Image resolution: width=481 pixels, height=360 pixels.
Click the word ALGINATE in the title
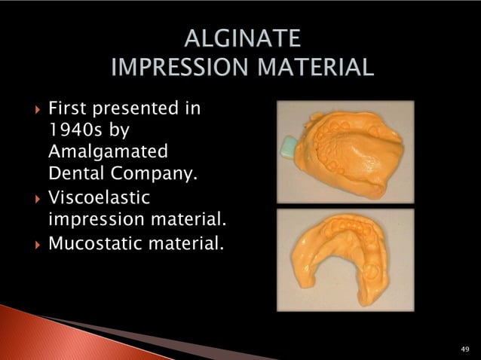[240, 38]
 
